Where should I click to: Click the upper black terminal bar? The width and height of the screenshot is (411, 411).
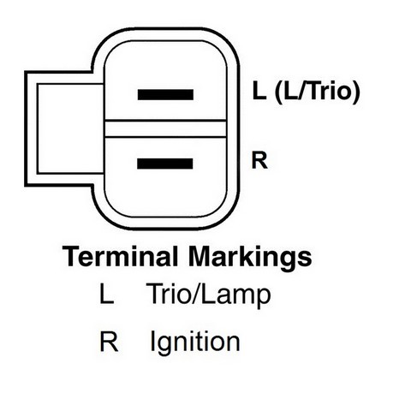pos(165,94)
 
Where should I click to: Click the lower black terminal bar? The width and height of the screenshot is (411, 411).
pos(165,164)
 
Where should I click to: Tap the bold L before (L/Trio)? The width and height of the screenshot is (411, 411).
pos(259,91)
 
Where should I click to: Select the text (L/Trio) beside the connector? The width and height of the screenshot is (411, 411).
pos(317,92)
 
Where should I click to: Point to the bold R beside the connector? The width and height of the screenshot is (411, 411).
pos(259,160)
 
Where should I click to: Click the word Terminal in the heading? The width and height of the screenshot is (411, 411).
pos(120,256)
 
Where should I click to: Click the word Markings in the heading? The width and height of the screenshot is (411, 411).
pos(250,258)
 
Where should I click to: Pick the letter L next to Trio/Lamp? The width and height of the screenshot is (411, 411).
pos(106,293)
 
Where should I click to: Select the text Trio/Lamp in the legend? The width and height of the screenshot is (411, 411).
pos(209,295)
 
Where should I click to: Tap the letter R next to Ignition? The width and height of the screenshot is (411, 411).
pos(109,341)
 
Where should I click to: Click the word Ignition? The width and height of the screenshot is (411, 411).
pos(195,342)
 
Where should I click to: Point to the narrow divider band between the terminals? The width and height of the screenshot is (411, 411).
pos(165,129)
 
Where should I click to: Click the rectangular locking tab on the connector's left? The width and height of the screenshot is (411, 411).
pos(65,128)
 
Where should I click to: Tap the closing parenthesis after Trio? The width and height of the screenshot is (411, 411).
pos(355,92)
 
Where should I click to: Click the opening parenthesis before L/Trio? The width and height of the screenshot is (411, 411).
pos(278,92)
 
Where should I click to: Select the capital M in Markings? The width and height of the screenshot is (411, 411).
pos(199,256)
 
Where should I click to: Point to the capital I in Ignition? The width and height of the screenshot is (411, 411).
pos(152,341)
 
